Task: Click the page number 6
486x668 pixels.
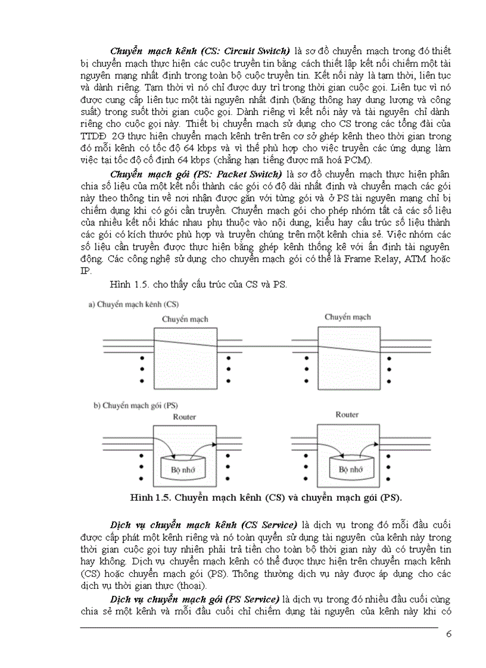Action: (448, 634)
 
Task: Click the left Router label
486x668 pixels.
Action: (184, 417)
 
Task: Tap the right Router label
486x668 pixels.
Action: (347, 415)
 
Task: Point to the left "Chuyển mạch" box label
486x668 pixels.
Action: (185, 319)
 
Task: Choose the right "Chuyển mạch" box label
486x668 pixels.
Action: (347, 317)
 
